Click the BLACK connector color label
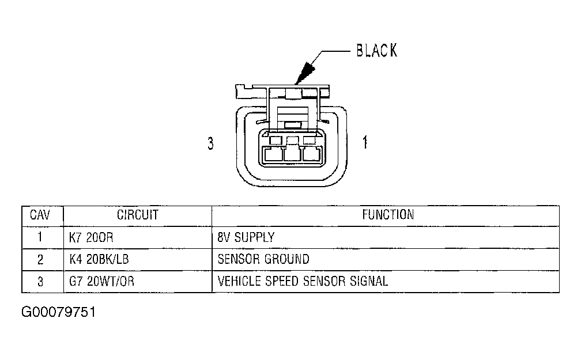[376, 50]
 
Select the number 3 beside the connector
[211, 143]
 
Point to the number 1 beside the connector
[365, 142]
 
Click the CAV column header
[40, 215]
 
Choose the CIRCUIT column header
[137, 215]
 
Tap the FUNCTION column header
[388, 215]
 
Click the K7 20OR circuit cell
[91, 237]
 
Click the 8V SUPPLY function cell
[246, 237]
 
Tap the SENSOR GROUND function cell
[263, 259]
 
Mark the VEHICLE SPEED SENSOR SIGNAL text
[303, 281]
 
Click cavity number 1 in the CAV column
[40, 237]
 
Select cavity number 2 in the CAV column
[40, 259]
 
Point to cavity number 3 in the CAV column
[40, 281]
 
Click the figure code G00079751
[59, 313]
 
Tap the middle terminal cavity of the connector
[293, 154]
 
